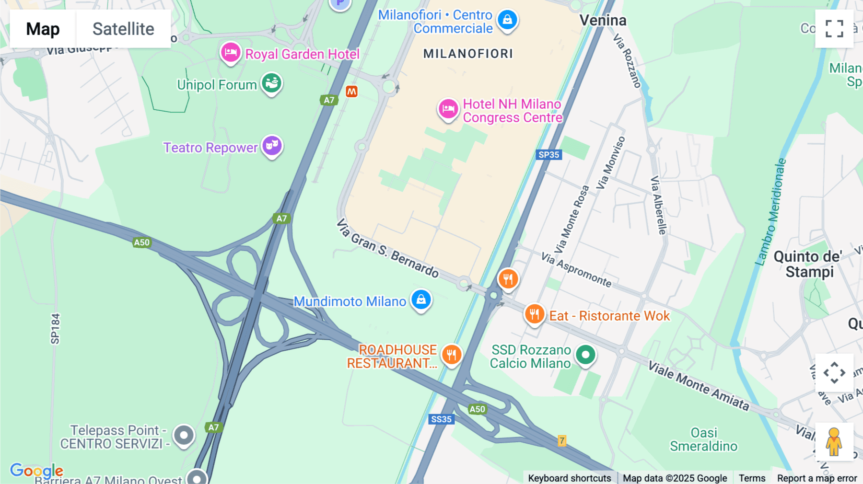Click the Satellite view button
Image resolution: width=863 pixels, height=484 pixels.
pos(123,29)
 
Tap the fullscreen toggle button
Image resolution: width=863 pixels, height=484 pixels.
pos(834,29)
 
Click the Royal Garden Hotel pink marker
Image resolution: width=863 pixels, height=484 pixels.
pos(231,53)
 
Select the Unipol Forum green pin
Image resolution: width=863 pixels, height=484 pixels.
pos(271,83)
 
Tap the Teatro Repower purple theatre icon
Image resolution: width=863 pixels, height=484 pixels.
pos(272,145)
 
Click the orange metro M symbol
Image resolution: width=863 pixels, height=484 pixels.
pos(351,92)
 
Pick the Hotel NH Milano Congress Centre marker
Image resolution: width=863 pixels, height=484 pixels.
pos(448,109)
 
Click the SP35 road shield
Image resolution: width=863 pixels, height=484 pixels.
pos(548,155)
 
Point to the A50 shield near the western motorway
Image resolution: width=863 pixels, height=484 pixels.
pos(142,242)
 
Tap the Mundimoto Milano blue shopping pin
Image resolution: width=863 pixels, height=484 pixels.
pos(421,300)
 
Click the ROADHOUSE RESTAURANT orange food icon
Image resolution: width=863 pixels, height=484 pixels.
pos(451,355)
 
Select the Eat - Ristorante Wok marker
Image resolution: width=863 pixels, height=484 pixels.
pos(534,314)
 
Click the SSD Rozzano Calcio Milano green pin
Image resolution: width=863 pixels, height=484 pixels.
pos(585,355)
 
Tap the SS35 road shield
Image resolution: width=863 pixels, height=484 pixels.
pos(441,419)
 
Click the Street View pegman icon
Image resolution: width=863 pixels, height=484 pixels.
pos(834,442)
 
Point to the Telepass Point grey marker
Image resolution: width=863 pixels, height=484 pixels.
pos(184,436)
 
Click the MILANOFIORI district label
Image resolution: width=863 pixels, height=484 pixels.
pos(468,54)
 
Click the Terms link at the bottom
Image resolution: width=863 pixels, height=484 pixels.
pos(752,478)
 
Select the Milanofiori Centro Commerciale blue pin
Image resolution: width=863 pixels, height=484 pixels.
pos(507,20)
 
